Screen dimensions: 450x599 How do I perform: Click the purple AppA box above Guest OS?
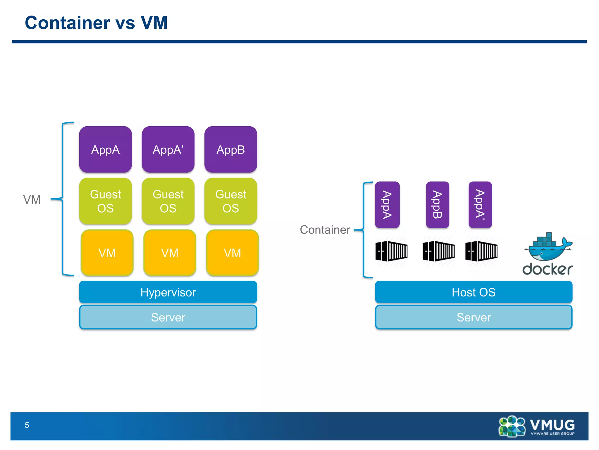click(105, 149)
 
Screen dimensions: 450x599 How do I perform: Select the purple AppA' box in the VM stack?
click(168, 149)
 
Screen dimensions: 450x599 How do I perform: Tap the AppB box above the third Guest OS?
click(230, 149)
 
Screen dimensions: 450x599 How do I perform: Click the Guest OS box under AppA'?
click(168, 201)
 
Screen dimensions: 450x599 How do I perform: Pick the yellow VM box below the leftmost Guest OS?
click(107, 253)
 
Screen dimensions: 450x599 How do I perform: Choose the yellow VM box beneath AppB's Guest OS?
click(232, 253)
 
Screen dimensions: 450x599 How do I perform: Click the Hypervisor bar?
click(168, 292)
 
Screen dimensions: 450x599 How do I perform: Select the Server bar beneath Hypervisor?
click(168, 317)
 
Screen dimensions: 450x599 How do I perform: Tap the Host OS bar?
click(474, 292)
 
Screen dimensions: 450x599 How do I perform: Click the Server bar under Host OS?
click(474, 317)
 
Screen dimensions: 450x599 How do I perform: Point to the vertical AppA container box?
click(387, 205)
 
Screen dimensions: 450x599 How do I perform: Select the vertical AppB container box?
click(438, 205)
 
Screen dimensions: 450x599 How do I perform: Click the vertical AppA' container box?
click(480, 205)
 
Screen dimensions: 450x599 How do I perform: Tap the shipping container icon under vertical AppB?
click(438, 251)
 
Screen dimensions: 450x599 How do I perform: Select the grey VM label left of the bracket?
click(32, 200)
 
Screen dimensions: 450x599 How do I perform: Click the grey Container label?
click(325, 230)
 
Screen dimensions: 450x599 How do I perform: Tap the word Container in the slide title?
click(67, 23)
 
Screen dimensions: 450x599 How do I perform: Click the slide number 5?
click(27, 425)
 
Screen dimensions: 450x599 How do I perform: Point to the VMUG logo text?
click(552, 425)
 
